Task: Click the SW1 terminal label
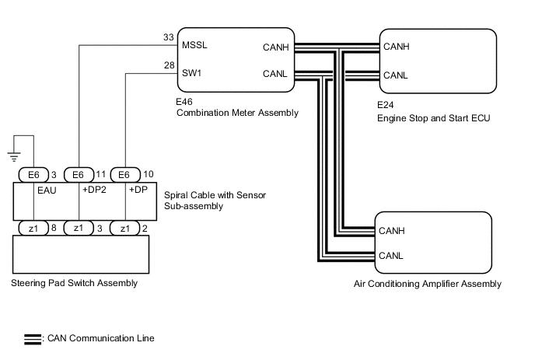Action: [192, 74]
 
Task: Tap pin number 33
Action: [169, 37]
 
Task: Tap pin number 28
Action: [169, 66]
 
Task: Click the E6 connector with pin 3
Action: [32, 174]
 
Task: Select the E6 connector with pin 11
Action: [76, 174]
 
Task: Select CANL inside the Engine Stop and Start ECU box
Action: [396, 75]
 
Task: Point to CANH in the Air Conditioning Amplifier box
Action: [392, 230]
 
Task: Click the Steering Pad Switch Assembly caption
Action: [75, 283]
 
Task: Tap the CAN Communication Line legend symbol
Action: [33, 339]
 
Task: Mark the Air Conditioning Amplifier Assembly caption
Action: [426, 284]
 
